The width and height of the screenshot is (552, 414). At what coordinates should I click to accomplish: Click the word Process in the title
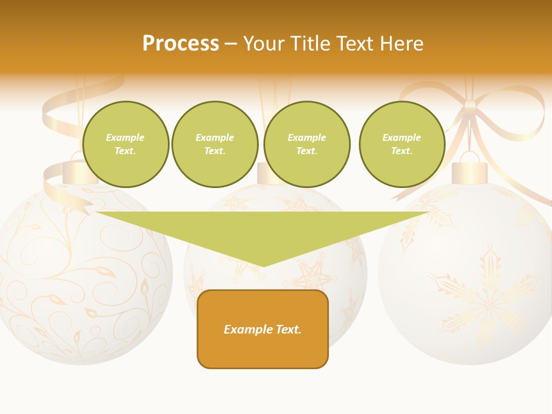coord(181,44)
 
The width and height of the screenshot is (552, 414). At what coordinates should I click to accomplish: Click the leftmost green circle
coord(125,144)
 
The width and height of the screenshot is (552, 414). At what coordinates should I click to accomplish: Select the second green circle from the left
coord(214,144)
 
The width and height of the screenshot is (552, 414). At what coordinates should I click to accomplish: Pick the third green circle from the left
coord(306,144)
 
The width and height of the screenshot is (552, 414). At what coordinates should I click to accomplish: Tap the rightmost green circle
coord(401,144)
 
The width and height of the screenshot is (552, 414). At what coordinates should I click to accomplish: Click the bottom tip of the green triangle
coord(263,266)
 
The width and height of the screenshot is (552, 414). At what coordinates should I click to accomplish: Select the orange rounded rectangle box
coord(263,329)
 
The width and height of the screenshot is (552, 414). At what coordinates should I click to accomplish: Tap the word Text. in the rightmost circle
coord(401,151)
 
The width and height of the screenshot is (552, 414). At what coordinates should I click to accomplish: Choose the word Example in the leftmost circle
coord(125,137)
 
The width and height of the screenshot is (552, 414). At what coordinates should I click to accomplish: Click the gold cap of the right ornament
coord(470,173)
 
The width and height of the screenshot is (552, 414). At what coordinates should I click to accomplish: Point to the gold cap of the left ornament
coord(76,173)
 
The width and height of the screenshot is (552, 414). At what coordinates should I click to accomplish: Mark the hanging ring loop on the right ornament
coord(470,156)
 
